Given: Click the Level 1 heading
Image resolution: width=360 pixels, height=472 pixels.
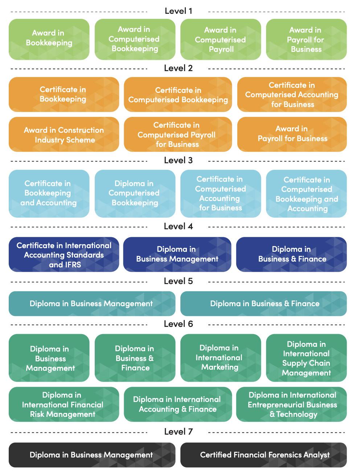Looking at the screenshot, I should point(178,11).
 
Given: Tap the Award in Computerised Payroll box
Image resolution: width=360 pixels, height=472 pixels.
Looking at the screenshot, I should point(220,39).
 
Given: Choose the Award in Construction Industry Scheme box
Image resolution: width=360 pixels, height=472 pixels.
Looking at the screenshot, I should point(64,135).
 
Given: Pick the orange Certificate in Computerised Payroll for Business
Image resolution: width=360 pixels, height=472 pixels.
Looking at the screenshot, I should point(177,135).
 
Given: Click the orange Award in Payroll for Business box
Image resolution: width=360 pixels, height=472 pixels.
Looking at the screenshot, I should point(292,134).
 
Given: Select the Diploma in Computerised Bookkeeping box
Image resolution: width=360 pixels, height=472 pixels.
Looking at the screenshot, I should point(135,193).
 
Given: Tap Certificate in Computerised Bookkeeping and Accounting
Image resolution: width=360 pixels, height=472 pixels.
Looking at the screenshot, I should point(306,194).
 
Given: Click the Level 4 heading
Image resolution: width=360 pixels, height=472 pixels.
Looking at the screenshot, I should point(178,226).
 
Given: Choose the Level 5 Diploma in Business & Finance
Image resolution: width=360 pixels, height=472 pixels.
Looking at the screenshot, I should point(264,304).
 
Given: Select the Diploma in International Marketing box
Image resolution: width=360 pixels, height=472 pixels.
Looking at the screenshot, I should point(220,358).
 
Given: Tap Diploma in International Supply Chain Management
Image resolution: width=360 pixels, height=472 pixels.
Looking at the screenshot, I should point(306,358).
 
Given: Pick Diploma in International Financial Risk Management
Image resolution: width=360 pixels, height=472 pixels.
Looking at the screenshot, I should point(63,405).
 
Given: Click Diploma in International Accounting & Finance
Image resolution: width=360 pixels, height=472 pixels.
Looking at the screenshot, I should point(177,405).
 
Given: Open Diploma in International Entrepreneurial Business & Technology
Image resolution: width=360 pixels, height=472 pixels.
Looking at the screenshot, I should point(292,405).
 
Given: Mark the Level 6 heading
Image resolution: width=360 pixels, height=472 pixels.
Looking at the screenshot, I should point(178,324).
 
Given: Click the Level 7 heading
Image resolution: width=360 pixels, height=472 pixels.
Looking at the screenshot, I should point(178,431).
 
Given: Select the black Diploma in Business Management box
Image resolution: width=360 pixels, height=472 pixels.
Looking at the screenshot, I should point(91,455).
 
